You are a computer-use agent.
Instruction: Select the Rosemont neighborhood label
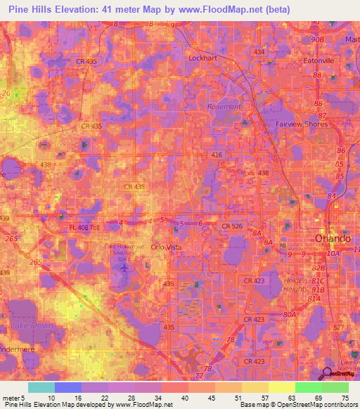click(224, 106)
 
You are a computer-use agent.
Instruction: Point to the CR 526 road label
click(232, 226)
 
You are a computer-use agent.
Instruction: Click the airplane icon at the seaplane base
click(125, 267)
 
